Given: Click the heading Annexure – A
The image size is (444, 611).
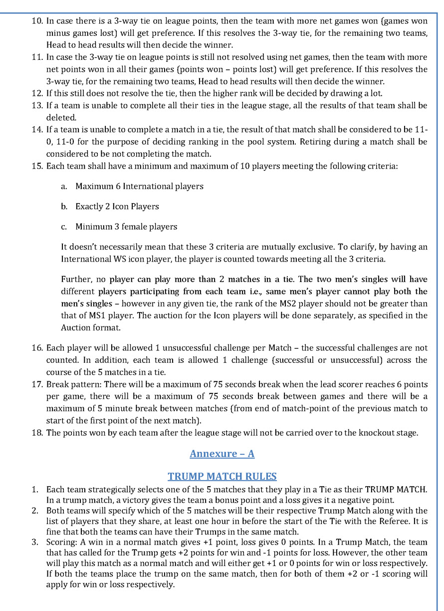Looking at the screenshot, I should click(222, 453).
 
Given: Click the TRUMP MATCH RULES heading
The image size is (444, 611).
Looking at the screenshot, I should click(222, 476).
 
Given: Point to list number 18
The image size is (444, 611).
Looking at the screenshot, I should click(37, 432).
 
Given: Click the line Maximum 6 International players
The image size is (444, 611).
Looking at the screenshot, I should click(139, 186).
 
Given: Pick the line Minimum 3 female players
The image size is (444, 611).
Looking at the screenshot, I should click(126, 227).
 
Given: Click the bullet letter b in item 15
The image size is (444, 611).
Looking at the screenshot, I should click(64, 207).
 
